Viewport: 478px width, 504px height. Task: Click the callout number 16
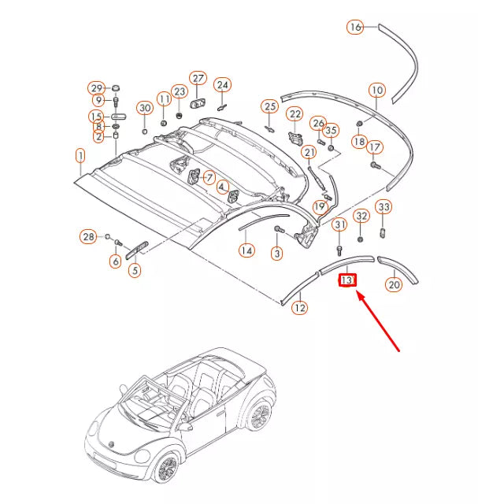click(355, 28)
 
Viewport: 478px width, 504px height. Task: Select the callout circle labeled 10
click(376, 90)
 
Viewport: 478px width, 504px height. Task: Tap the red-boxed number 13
click(347, 280)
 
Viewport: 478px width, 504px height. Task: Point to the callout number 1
click(80, 156)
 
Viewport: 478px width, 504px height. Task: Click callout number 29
click(96, 87)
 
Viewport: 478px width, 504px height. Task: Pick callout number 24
click(223, 84)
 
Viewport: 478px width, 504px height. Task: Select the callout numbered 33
click(383, 208)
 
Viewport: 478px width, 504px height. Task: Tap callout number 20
click(394, 286)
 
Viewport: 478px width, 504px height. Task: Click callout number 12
click(299, 308)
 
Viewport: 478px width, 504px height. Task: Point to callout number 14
click(246, 250)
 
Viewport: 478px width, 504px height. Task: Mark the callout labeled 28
click(89, 236)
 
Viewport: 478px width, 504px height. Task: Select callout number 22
click(295, 115)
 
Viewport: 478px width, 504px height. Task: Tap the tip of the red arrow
click(358, 293)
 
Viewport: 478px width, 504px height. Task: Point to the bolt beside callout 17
click(374, 165)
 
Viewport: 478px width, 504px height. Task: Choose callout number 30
click(145, 107)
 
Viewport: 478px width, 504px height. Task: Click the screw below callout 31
click(339, 251)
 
